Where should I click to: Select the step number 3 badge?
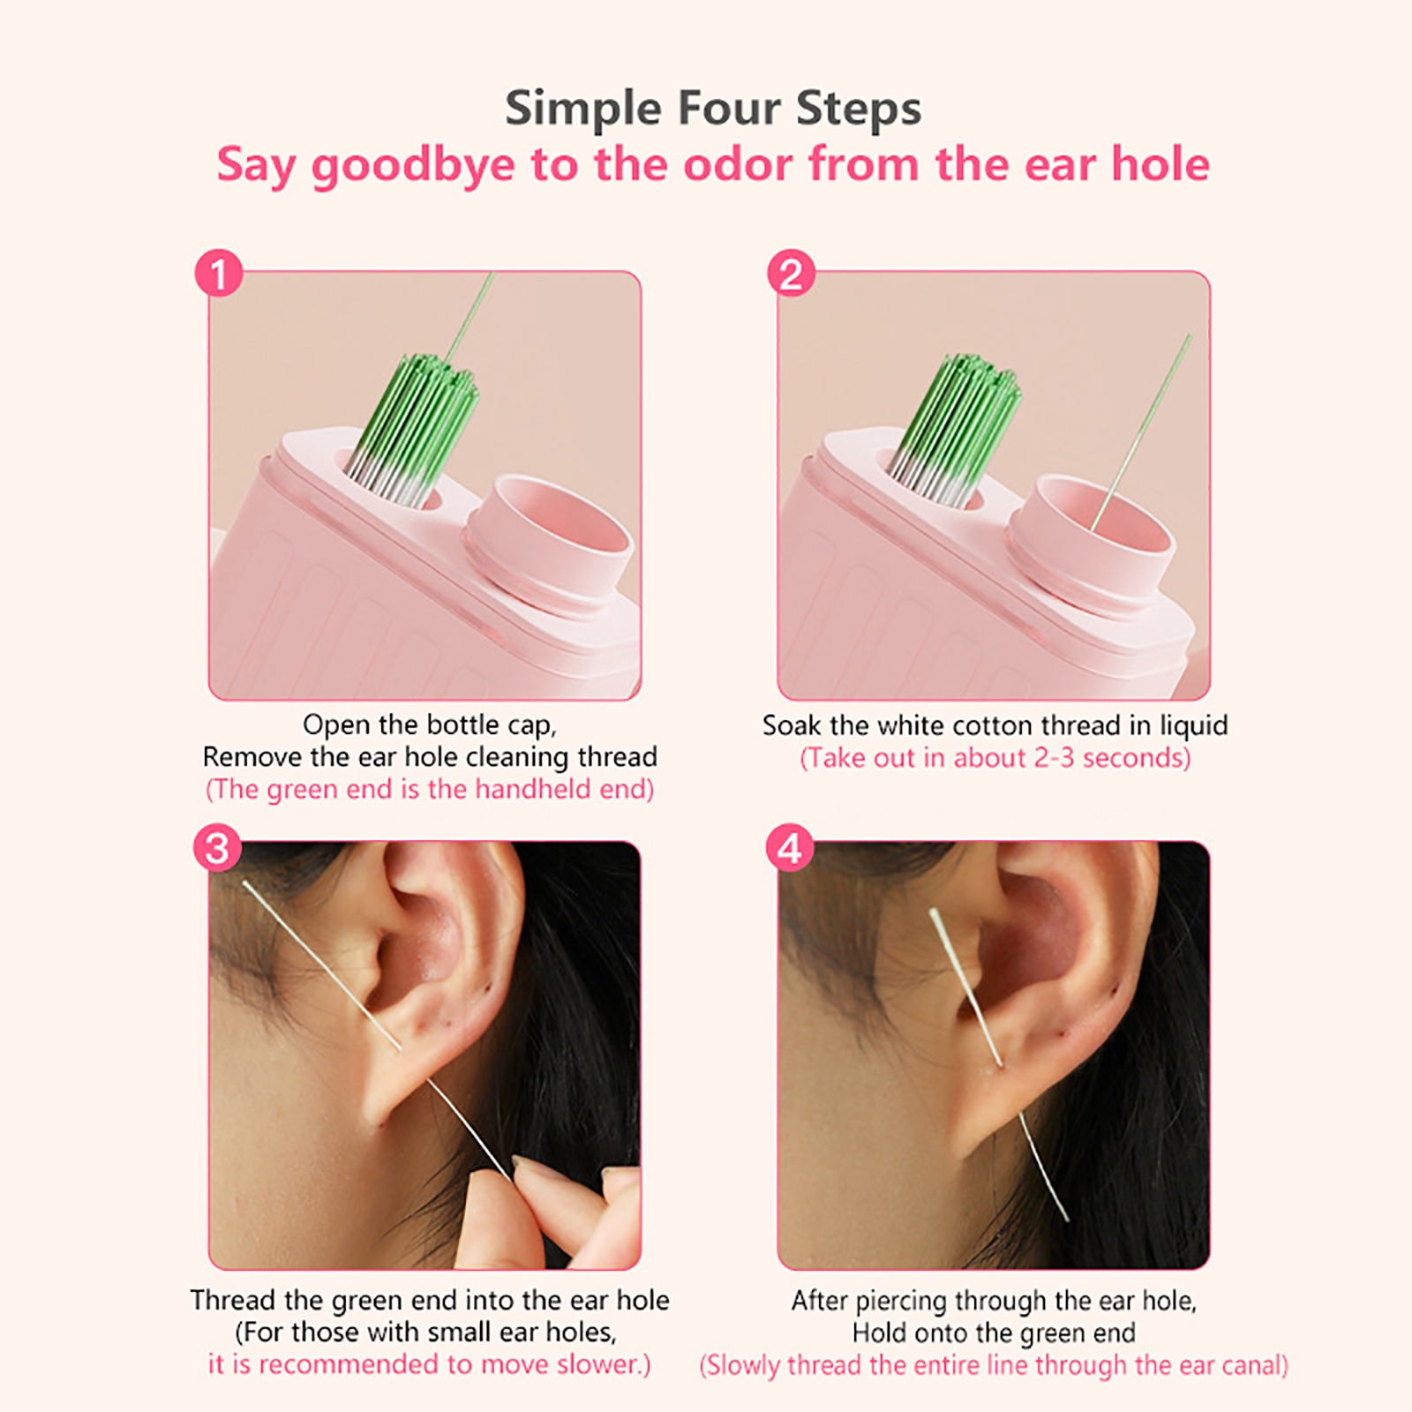click(217, 847)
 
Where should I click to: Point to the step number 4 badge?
click(790, 847)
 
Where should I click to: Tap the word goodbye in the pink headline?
click(413, 166)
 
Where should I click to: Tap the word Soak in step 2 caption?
click(792, 725)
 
